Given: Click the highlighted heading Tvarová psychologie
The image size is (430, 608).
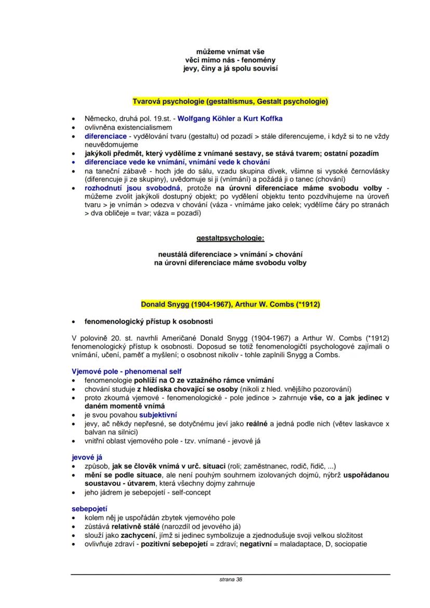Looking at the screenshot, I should pos(231,101).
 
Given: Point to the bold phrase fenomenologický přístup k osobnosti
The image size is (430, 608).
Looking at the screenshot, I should pos(149,321).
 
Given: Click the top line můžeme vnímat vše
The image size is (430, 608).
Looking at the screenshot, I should pos(230,52).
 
